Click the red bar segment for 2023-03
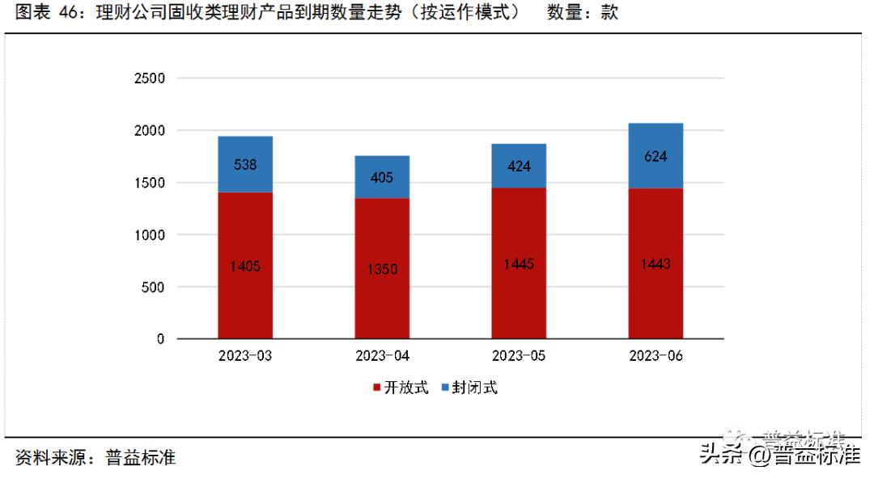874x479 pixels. pyautogui.click(x=245, y=265)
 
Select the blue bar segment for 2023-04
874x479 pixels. pyautogui.click(x=382, y=177)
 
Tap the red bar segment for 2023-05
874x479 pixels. pyautogui.click(x=519, y=263)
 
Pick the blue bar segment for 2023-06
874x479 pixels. pyautogui.click(x=655, y=155)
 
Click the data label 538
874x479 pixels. pyautogui.click(x=245, y=165)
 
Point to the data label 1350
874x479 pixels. pyautogui.click(x=382, y=269)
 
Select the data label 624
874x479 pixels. pyautogui.click(x=655, y=156)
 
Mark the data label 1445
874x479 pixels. pyautogui.click(x=519, y=265)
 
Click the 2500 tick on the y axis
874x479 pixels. pyautogui.click(x=149, y=78)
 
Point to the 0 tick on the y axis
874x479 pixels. pyautogui.click(x=160, y=339)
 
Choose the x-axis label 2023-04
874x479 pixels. pyautogui.click(x=382, y=357)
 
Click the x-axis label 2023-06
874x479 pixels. pyautogui.click(x=655, y=357)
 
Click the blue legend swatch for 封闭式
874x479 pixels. pyautogui.click(x=445, y=388)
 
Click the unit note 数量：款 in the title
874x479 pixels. pyautogui.click(x=582, y=14)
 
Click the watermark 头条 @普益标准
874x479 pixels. pyautogui.click(x=780, y=456)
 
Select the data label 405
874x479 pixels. pyautogui.click(x=382, y=177)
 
